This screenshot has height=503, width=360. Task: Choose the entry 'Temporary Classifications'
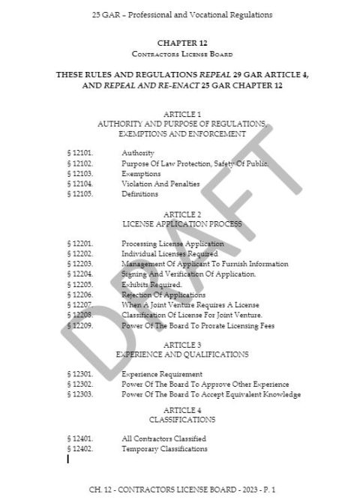pos(164,448)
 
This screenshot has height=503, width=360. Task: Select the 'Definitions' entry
pos(139,194)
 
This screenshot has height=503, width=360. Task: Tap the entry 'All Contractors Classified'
pos(163,438)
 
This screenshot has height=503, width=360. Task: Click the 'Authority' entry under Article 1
pos(138,153)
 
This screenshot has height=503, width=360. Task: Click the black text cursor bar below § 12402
pos(68,458)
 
